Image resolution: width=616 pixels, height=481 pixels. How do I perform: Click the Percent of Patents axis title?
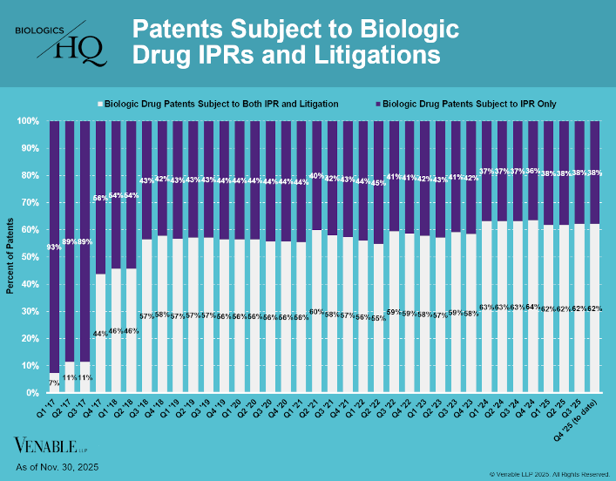pyautogui.click(x=11, y=256)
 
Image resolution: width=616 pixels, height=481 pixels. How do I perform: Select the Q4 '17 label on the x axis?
pyautogui.click(x=99, y=409)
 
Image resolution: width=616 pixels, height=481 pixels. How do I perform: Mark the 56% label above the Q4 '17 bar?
pyautogui.click(x=100, y=199)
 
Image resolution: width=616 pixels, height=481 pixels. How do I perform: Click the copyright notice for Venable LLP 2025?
pyautogui.click(x=549, y=473)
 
